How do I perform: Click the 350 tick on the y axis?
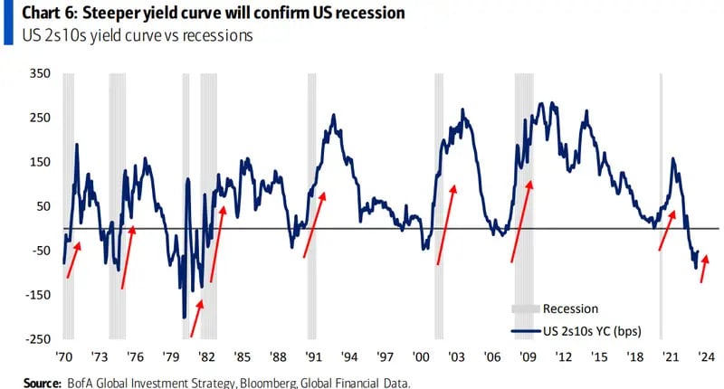pyautogui.click(x=40, y=73)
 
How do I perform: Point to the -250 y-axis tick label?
pyautogui.click(x=37, y=339)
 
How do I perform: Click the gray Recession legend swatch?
pyautogui.click(x=525, y=309)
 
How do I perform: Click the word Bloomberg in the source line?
pyautogui.click(x=264, y=383)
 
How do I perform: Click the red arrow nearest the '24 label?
pyautogui.click(x=704, y=269)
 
